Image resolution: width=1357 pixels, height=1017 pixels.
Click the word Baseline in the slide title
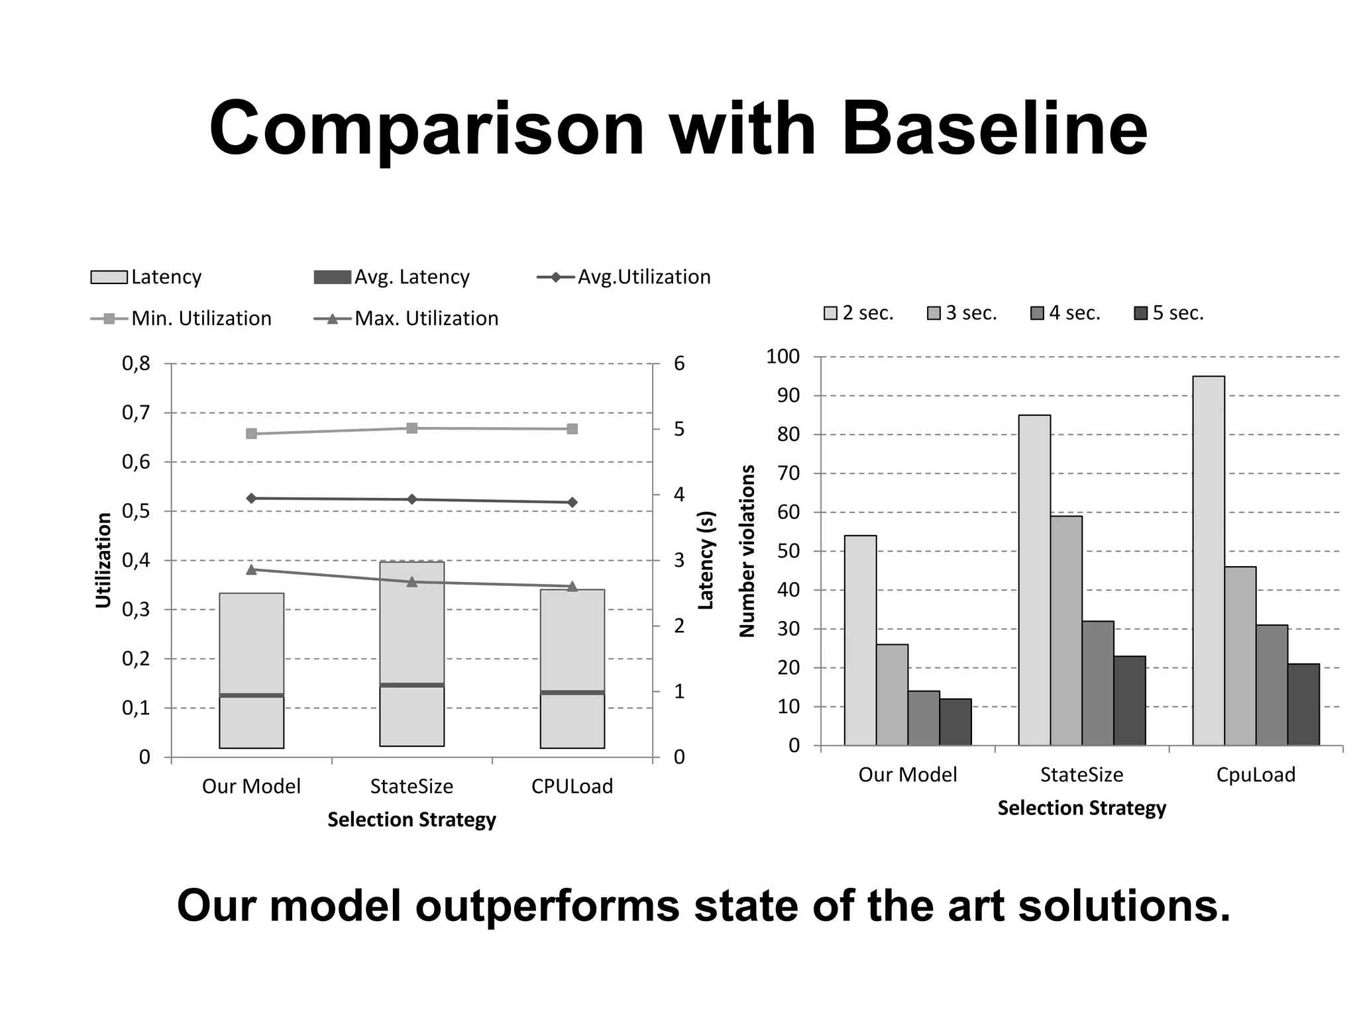tap(994, 129)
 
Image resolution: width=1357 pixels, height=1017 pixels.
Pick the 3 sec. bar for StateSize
tap(1066, 630)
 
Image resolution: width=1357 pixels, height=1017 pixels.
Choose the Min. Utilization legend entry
tap(181, 318)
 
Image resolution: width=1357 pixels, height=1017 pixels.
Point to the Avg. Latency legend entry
tap(392, 277)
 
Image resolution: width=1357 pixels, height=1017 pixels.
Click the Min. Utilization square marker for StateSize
tap(411, 428)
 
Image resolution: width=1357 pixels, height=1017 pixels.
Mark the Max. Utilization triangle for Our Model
tap(251, 569)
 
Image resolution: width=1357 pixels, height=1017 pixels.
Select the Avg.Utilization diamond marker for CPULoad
tap(572, 503)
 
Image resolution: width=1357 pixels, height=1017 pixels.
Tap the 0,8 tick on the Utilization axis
tap(136, 363)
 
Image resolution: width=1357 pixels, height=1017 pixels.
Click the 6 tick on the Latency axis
tap(679, 363)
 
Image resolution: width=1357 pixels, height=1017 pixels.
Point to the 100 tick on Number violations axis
tap(783, 357)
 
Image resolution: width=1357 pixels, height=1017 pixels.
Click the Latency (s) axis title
tap(706, 560)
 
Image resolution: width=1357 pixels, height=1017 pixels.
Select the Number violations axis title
tap(747, 551)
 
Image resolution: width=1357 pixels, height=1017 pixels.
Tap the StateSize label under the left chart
tap(411, 787)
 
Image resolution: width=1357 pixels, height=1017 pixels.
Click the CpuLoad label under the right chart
tap(1256, 775)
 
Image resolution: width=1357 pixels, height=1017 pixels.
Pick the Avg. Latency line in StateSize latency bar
tap(411, 685)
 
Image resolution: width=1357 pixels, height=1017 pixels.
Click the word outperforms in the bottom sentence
tap(547, 906)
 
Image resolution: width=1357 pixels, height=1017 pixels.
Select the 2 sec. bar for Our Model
tap(860, 640)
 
